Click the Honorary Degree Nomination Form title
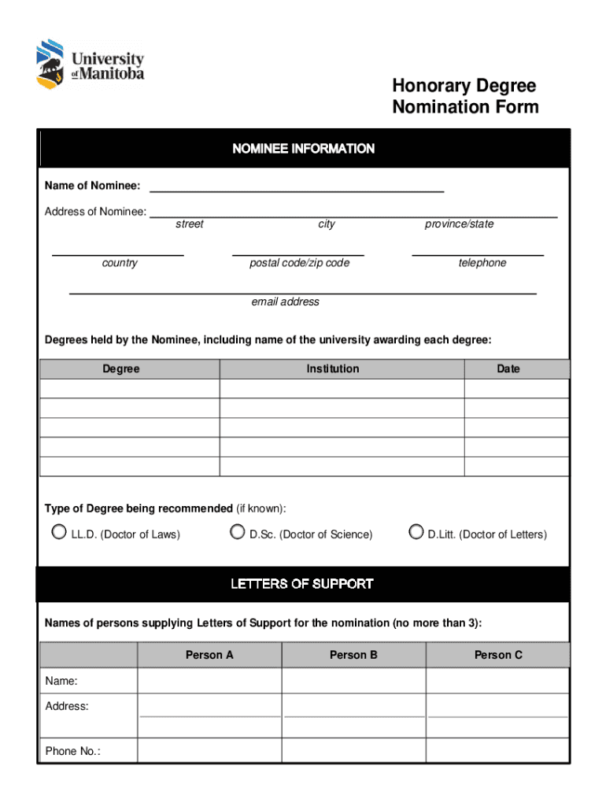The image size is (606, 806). pos(465,96)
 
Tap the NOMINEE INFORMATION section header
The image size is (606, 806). pos(303,149)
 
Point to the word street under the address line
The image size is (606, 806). pos(189,224)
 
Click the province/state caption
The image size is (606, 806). pos(460,224)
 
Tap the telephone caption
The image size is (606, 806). pos(482,263)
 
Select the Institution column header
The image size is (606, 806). pos(333,369)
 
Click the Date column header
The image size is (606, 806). pos(508,369)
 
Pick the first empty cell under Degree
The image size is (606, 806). pos(130,389)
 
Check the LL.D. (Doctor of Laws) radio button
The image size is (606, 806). pos(59,532)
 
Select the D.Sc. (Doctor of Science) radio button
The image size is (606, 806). pos(237,532)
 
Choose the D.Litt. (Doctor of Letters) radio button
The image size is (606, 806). pos(416,532)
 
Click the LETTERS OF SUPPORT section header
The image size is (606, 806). pos(303,584)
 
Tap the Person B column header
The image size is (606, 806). pos(353,655)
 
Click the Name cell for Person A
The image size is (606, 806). pos(209,681)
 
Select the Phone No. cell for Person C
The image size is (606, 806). pos(497,751)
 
